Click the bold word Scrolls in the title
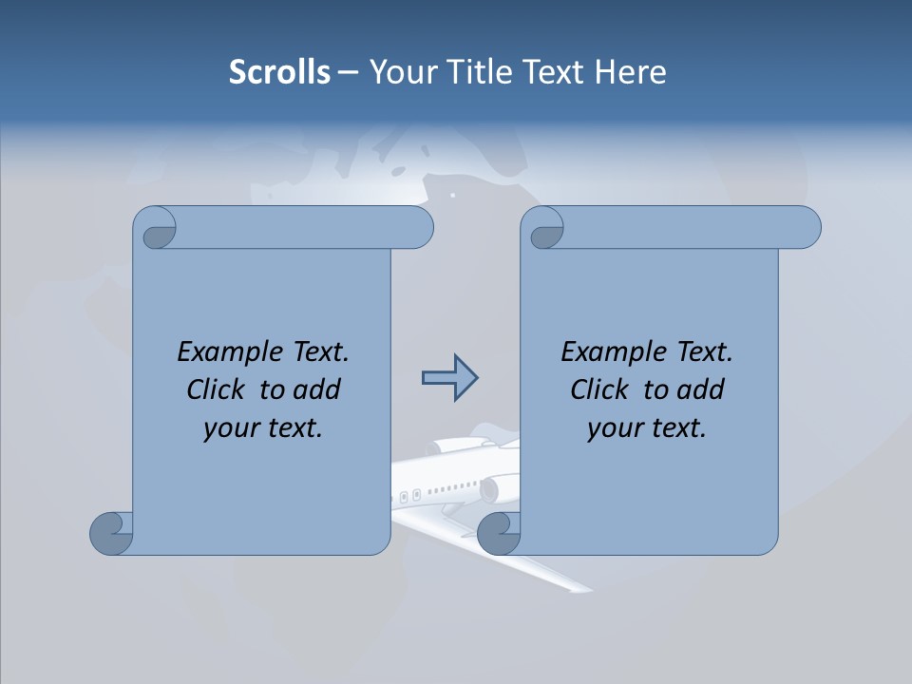(279, 72)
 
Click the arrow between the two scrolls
(449, 378)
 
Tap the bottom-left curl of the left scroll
(111, 533)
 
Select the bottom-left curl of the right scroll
(498, 534)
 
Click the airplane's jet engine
(490, 490)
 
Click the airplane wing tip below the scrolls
(576, 586)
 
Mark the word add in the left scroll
(318, 389)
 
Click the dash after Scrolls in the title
(348, 72)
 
